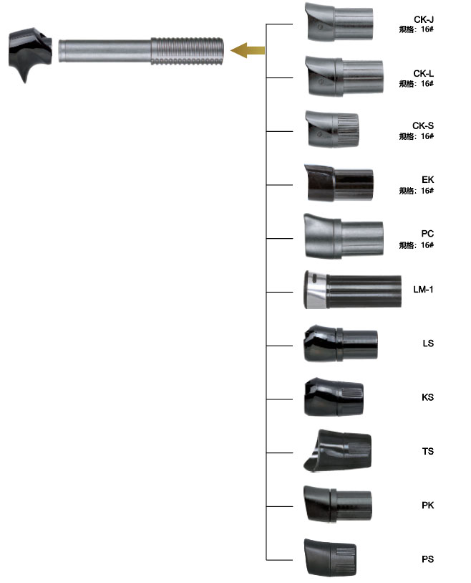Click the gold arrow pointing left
tap(248, 50)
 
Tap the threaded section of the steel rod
tap(187, 52)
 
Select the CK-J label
tap(424, 19)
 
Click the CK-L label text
tap(423, 74)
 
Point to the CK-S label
tap(423, 125)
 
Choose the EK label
tap(427, 179)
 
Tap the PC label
tap(427, 234)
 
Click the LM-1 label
tap(423, 289)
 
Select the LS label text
tap(428, 343)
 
